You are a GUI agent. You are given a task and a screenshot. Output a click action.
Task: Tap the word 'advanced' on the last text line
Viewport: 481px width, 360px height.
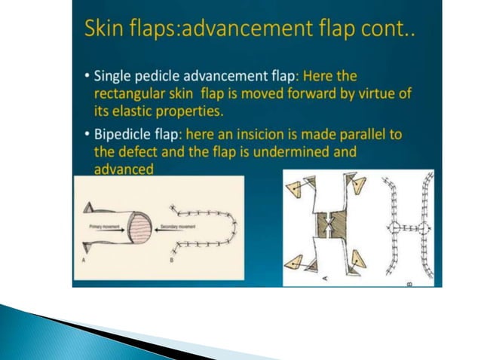pyautogui.click(x=123, y=170)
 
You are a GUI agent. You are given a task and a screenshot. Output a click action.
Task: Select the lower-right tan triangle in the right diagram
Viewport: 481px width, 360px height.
pyautogui.click(x=358, y=261)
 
